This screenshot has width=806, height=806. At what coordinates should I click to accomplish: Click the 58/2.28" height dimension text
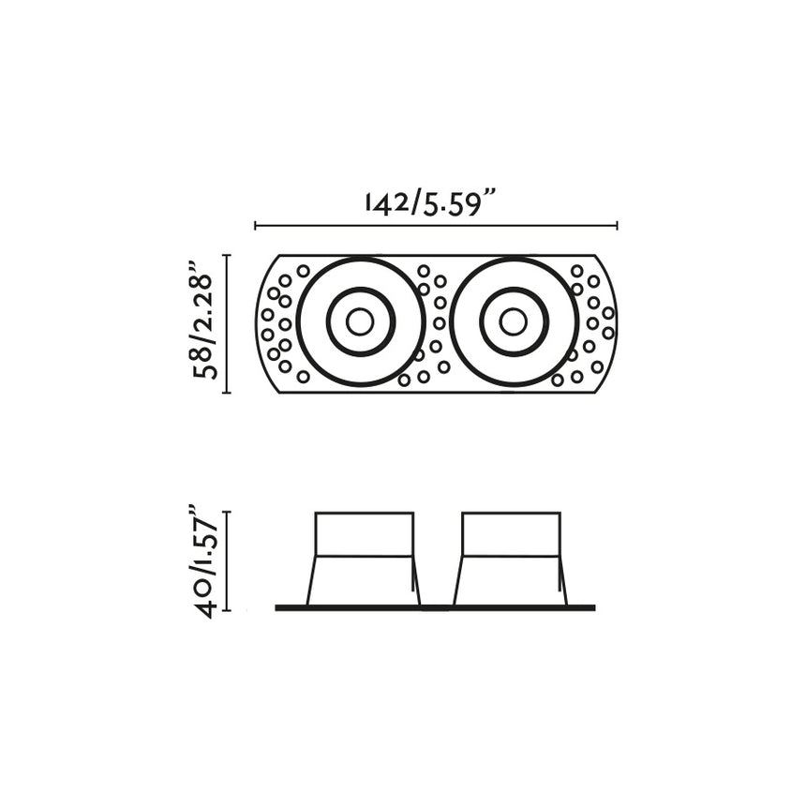pyautogui.click(x=203, y=322)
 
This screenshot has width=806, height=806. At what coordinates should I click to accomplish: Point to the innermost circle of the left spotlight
pyautogui.click(x=360, y=321)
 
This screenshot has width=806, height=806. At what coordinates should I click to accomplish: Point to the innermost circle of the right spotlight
pyautogui.click(x=513, y=321)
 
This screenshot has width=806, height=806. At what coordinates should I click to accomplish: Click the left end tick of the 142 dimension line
pyautogui.click(x=256, y=225)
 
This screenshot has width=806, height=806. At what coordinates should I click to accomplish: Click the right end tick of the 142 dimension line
pyautogui.click(x=617, y=225)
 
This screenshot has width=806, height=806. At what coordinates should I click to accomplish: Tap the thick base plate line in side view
pyautogui.click(x=435, y=608)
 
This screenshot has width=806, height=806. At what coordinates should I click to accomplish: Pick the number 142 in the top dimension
pyautogui.click(x=384, y=202)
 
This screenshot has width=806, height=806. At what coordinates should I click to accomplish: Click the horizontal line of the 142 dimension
pyautogui.click(x=436, y=226)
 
